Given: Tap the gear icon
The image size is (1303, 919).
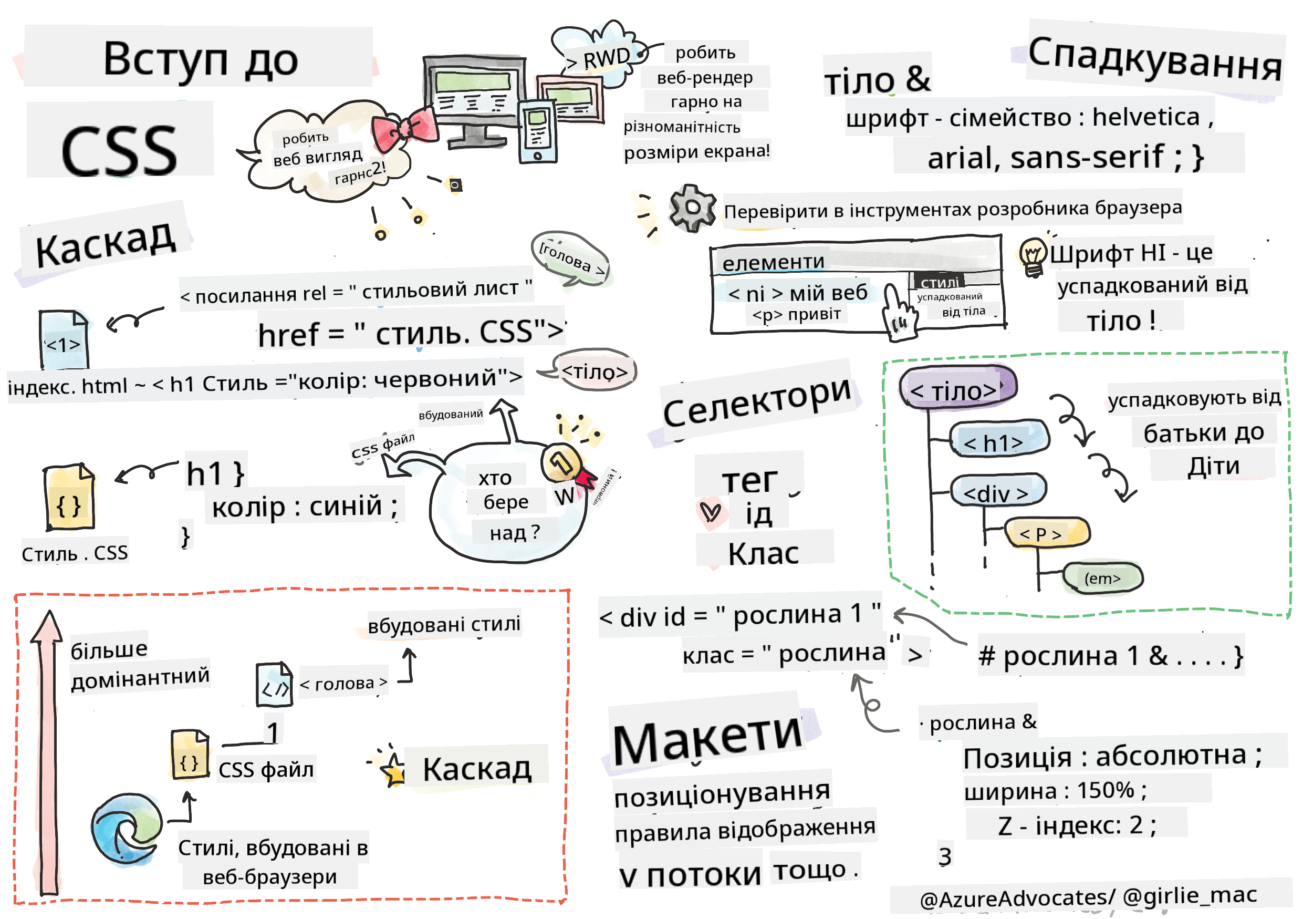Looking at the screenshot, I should [x=692, y=208].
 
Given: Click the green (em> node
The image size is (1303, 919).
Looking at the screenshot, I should [x=1102, y=579].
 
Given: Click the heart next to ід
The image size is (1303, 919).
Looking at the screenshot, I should [x=711, y=513].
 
